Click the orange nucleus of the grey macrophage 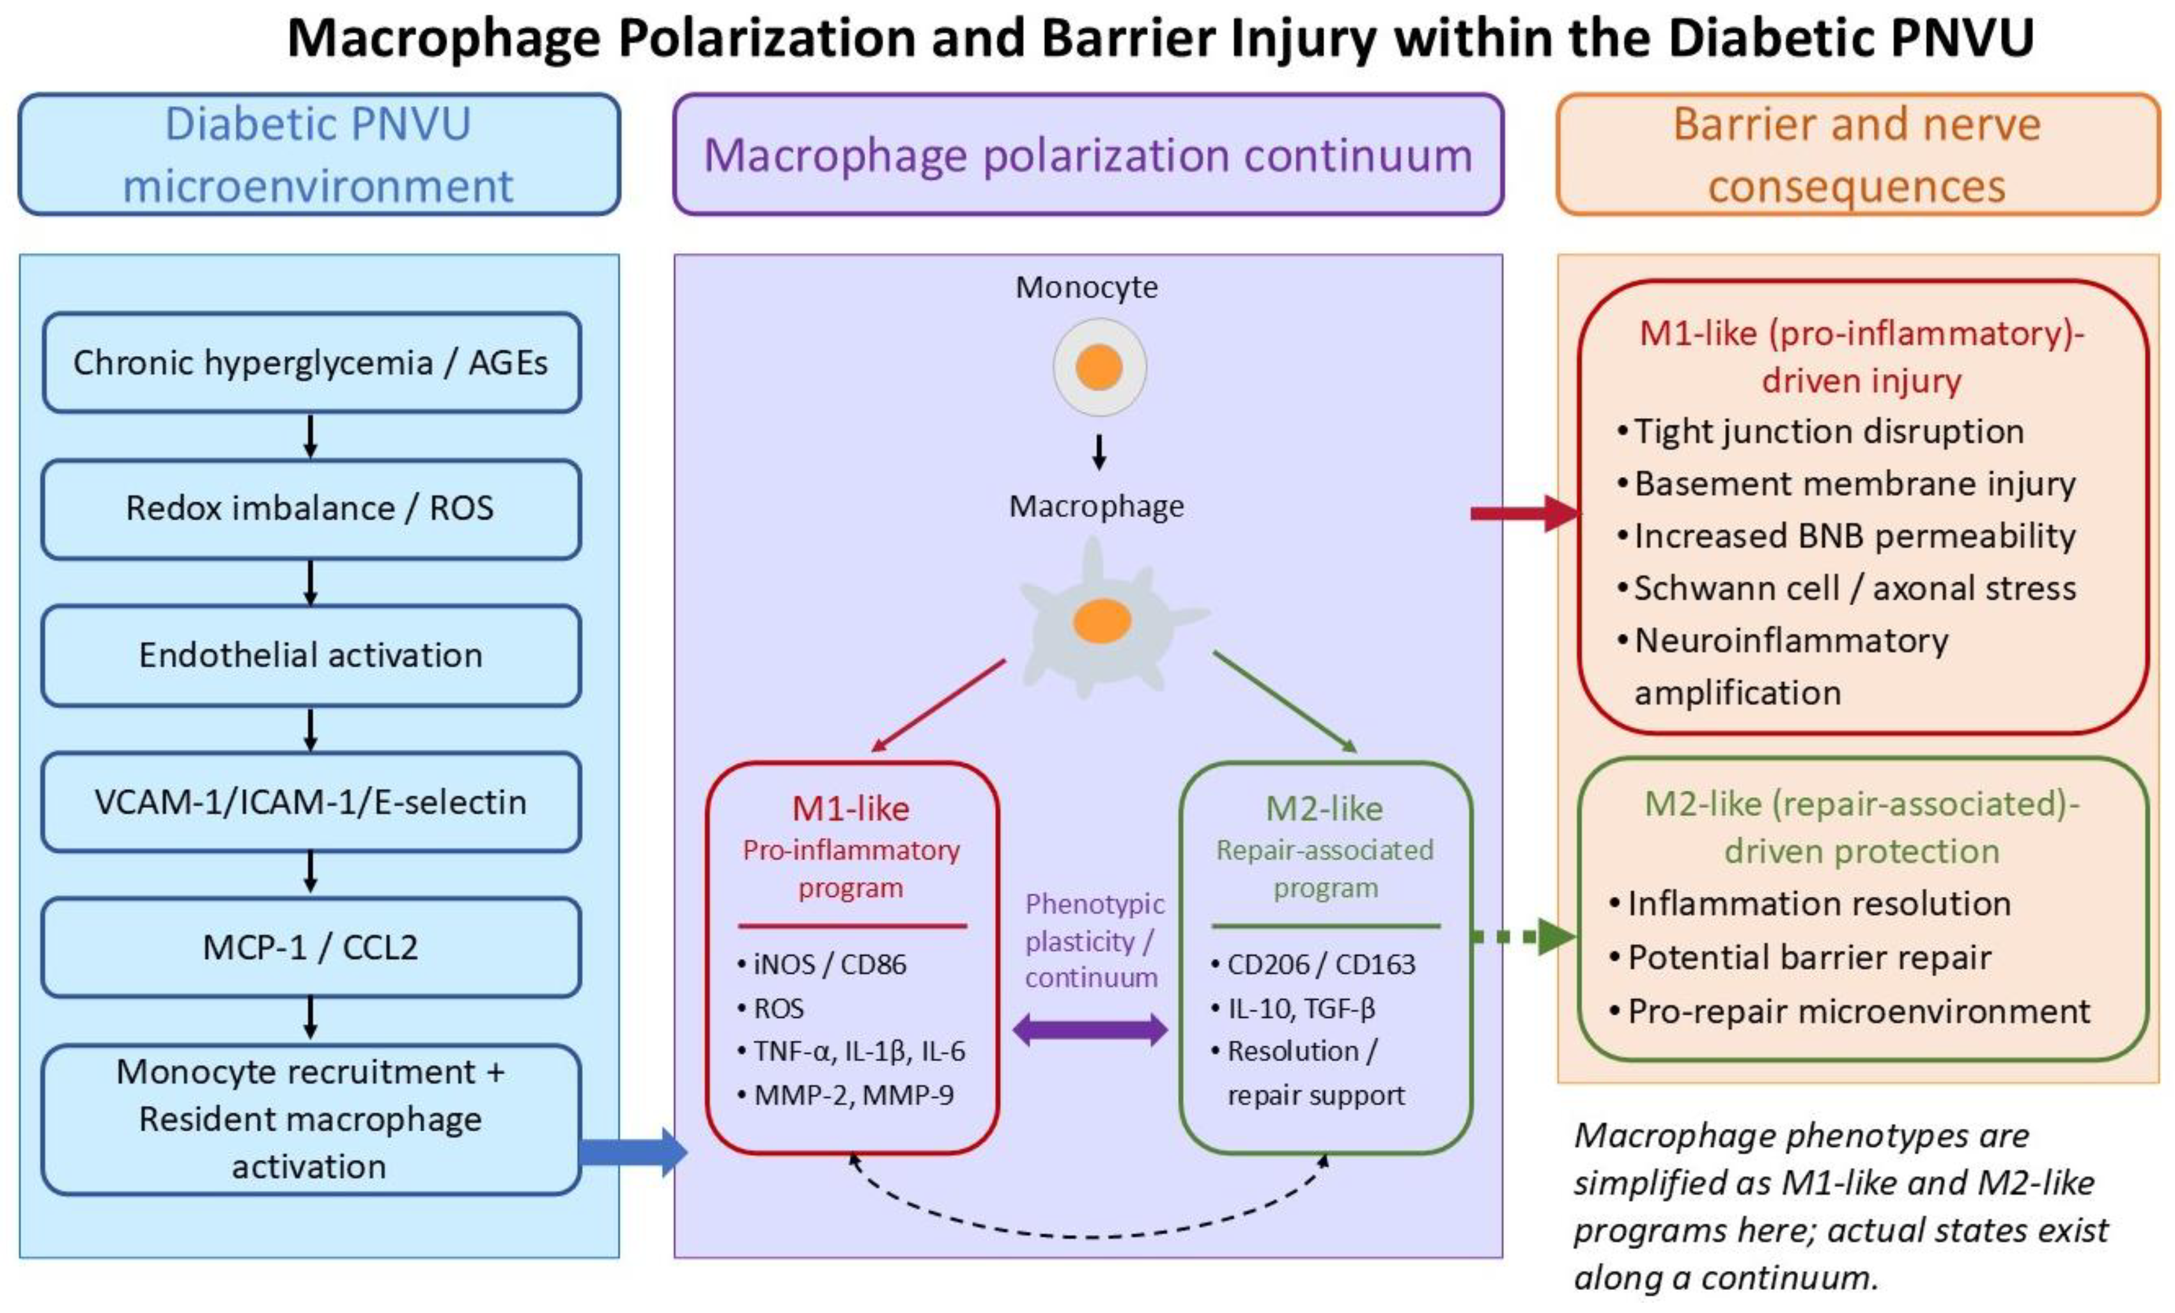tap(1102, 621)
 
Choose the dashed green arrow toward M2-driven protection tap(1524, 937)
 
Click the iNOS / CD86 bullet tap(822, 964)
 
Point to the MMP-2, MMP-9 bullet tap(846, 1095)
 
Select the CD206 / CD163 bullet tap(1313, 964)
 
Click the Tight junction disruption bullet tap(1820, 431)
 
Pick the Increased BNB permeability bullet tap(1846, 536)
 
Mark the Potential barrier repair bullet tap(1800, 957)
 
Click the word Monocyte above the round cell tap(1087, 287)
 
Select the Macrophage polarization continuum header tap(1088, 155)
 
